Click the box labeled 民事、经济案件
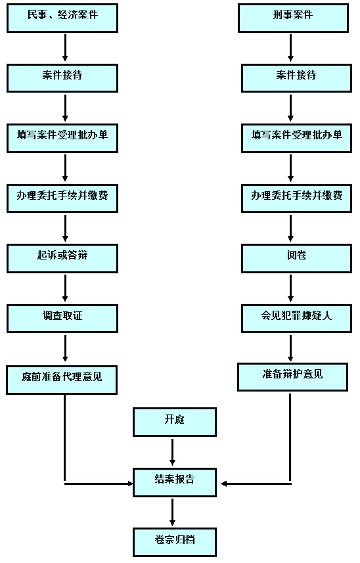62,18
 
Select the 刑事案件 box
293,18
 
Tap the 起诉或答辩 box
62,259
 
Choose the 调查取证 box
62,319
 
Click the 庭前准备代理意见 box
62,380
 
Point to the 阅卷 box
296,259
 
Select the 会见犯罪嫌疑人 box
296,319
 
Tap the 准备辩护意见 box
292,377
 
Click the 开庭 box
175,422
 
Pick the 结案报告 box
175,483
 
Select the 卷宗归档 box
175,542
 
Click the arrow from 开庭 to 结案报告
172,452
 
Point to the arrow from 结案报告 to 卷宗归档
172,512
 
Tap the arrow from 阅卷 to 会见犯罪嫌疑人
291,288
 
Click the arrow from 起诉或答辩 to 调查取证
65,288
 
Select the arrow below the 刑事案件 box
291,48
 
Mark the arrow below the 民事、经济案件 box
65,48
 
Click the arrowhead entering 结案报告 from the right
223,484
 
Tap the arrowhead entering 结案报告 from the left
131,484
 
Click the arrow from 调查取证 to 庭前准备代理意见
65,348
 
